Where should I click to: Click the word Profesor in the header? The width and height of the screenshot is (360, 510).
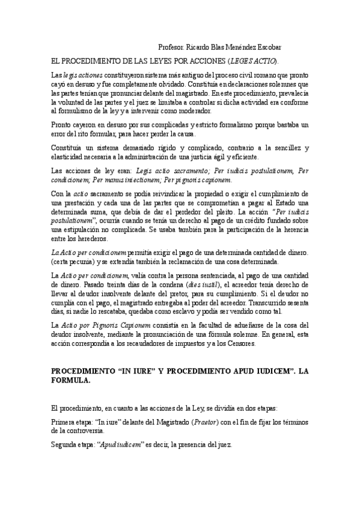coord(171,47)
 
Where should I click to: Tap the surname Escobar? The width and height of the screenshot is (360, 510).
coord(265,47)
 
